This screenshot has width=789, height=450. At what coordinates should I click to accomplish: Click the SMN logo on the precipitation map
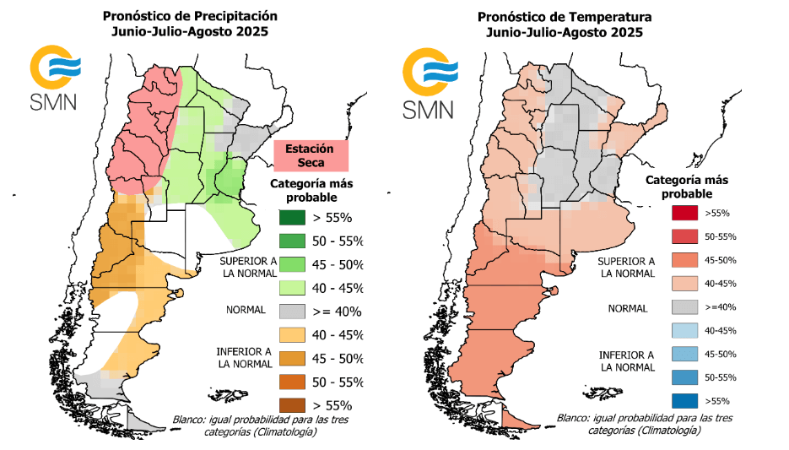pos(53,79)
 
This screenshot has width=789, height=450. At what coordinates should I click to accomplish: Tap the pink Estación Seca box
pos(311,155)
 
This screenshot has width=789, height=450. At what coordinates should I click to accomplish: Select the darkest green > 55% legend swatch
pos(298,217)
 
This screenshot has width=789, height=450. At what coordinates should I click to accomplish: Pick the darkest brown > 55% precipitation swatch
pos(298,404)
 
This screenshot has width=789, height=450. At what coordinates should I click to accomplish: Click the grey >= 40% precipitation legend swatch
pos(298,311)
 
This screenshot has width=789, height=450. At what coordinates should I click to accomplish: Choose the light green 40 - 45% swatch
pos(298,287)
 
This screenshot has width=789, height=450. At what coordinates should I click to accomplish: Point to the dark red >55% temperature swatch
pos(686,212)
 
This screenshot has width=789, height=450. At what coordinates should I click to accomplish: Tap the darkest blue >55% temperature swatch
pos(686,400)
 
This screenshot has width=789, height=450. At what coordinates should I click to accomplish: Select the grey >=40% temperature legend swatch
pos(686,306)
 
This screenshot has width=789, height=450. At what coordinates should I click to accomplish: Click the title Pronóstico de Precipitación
pos(189,16)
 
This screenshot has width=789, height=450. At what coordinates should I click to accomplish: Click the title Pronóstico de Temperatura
pos(563,16)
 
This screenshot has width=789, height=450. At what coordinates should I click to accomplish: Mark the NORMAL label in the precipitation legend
pos(246,309)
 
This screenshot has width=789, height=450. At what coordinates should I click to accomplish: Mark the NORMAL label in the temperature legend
pos(628,308)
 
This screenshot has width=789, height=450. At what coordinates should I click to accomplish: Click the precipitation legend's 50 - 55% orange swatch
pos(298,381)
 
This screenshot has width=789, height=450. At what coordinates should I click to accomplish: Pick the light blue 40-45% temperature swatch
pos(686,330)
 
